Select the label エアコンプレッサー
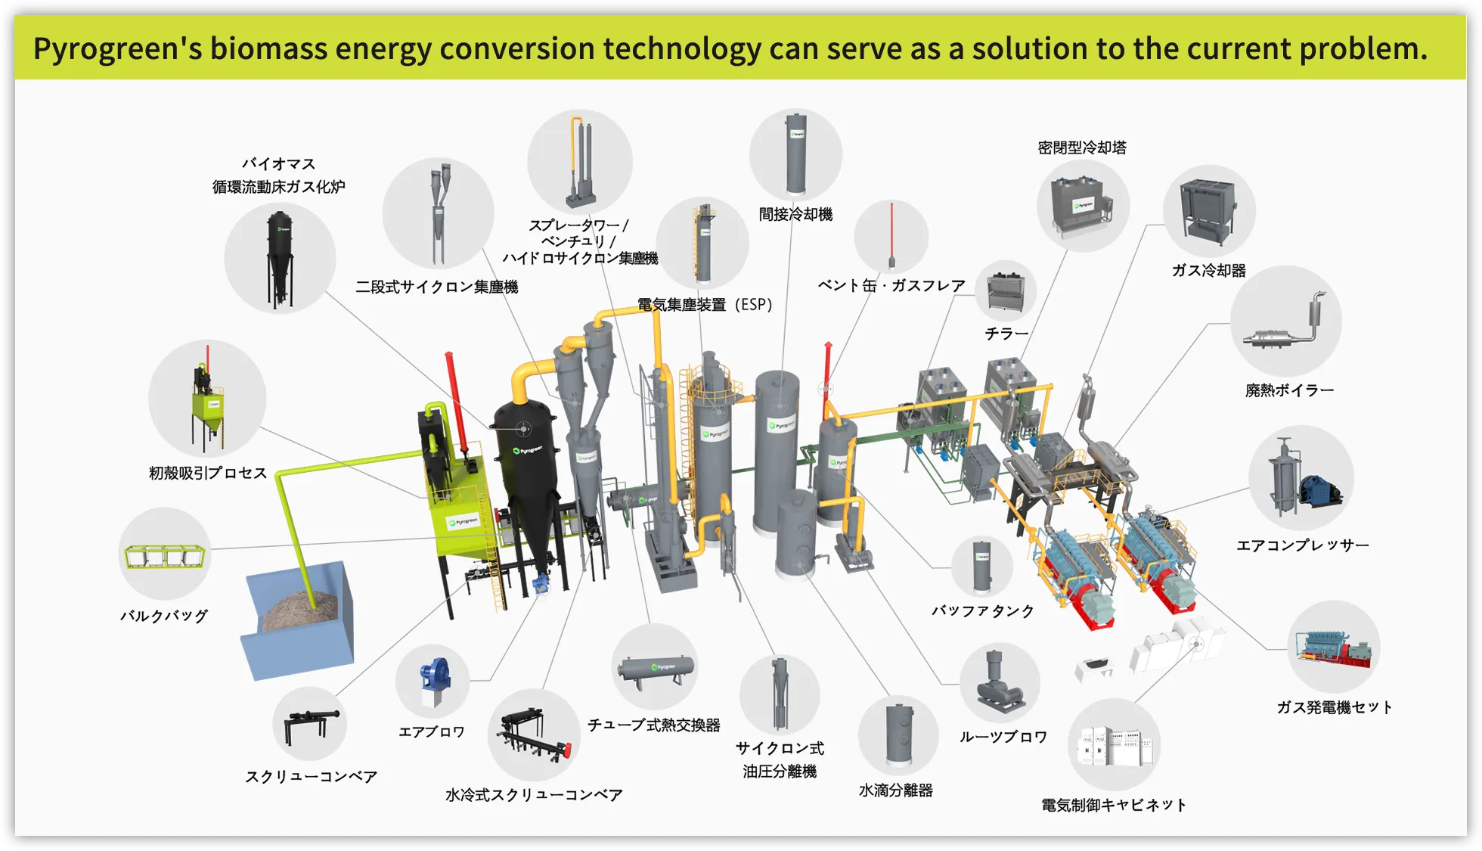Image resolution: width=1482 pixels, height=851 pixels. (1302, 545)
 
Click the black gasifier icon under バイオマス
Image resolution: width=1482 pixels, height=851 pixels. (280, 258)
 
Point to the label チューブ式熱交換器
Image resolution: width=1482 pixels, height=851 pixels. (654, 725)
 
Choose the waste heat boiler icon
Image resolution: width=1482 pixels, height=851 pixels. (1285, 324)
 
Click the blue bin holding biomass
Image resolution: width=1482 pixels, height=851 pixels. (299, 621)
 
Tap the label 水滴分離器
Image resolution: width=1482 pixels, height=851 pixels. (896, 790)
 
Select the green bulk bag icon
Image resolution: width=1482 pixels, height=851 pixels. (165, 556)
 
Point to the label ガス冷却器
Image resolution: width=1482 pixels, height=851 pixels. (1208, 271)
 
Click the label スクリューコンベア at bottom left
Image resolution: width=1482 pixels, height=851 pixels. (311, 777)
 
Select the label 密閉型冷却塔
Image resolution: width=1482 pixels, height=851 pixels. (1082, 148)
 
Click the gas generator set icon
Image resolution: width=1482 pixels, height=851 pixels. (1333, 647)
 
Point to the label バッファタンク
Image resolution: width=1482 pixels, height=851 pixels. (982, 611)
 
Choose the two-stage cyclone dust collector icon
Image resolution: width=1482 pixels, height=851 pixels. (439, 213)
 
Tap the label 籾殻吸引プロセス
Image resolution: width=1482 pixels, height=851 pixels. (208, 474)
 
